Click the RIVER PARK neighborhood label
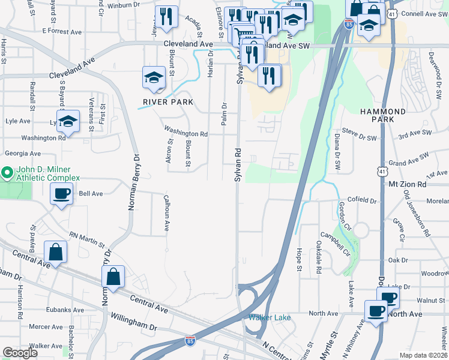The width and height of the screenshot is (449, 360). (168, 102)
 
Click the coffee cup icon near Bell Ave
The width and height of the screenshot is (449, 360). (62, 194)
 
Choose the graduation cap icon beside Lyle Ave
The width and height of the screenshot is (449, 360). (68, 121)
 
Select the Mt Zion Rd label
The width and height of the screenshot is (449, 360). (407, 184)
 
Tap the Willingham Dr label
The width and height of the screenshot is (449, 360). (132, 328)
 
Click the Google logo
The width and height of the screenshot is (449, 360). (20, 352)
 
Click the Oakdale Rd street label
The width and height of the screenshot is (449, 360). (318, 251)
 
